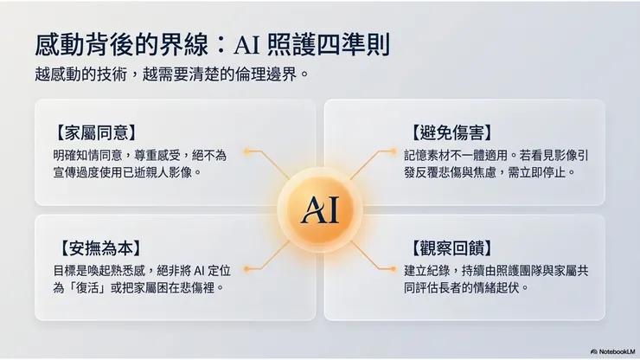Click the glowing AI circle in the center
319,207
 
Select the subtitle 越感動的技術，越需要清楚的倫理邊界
172,73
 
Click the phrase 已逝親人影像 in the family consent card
158,172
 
